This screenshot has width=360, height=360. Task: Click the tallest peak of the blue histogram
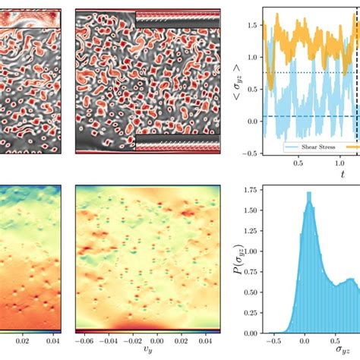tap(308, 194)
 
